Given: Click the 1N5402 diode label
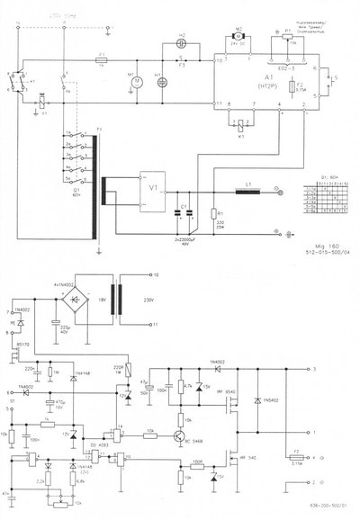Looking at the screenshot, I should [x=270, y=399].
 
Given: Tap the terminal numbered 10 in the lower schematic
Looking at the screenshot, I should [x=154, y=272].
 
